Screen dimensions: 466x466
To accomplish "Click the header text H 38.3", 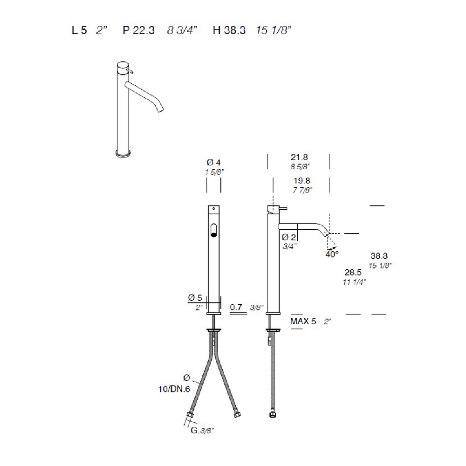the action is (x=229, y=30).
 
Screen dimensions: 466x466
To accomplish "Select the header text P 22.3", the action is (x=139, y=30).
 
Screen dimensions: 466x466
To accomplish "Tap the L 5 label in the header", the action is (x=79, y=30).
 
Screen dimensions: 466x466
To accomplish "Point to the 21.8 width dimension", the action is (x=299, y=157).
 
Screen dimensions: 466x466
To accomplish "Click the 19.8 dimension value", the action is (x=302, y=181).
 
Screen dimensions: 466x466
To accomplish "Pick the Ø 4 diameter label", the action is (x=214, y=163).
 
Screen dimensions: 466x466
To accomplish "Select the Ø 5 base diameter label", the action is (x=195, y=298).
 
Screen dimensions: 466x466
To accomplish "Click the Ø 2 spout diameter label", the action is (x=288, y=237).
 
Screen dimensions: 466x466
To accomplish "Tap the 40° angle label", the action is (x=332, y=254).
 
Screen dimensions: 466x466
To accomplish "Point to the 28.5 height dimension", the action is (x=353, y=272).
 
